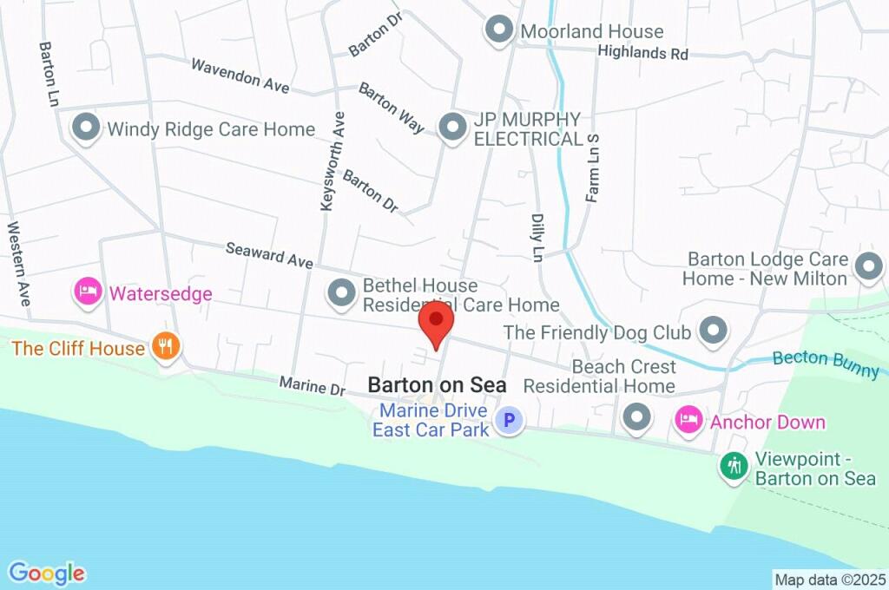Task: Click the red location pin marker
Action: point(436,323)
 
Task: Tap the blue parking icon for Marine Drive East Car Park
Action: point(509,422)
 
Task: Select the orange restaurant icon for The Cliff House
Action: point(164,347)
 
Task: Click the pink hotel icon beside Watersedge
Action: point(88,292)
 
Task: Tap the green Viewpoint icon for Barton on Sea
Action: point(734,466)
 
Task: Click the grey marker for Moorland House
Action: point(499,31)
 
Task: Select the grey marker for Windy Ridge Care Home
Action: point(86,128)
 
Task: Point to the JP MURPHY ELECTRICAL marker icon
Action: point(451,128)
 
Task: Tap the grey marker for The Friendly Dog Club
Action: point(714,331)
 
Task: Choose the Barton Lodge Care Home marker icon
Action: point(868,267)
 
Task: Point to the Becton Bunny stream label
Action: point(826,364)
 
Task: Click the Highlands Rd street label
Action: point(642,53)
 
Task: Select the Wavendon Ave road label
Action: point(240,77)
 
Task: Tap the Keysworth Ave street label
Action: point(327,161)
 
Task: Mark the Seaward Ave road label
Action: point(268,254)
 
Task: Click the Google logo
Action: point(47,573)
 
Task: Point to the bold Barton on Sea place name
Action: point(437,383)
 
